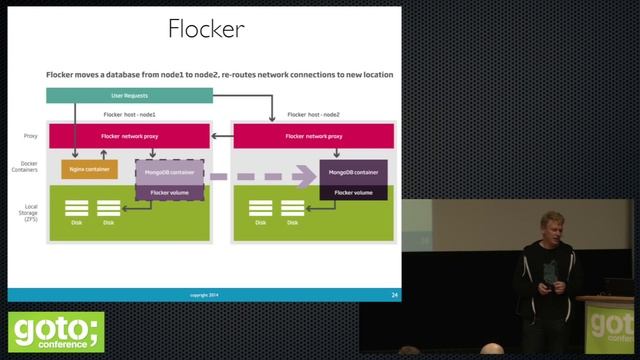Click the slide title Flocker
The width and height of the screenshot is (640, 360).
(206, 29)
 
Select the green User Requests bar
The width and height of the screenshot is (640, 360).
(129, 96)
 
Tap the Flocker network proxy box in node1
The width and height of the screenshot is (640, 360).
(129, 135)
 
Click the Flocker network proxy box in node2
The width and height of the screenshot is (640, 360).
(312, 135)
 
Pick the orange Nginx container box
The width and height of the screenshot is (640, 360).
(89, 169)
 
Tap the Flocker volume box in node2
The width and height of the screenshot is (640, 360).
(353, 192)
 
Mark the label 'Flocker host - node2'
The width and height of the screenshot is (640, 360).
(312, 115)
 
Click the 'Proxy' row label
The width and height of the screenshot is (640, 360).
(31, 135)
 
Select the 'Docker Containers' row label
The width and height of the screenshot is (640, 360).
(31, 170)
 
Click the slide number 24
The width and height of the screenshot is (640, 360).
(395, 295)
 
